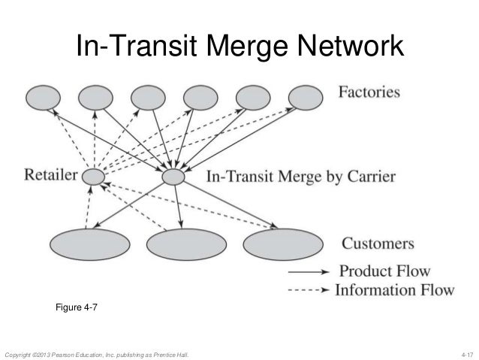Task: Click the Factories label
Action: point(369,94)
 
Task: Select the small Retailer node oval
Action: point(93,178)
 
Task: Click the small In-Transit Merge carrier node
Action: point(173,177)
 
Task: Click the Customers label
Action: point(378,244)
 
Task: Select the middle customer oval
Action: point(181,244)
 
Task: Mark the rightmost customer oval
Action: point(277,244)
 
